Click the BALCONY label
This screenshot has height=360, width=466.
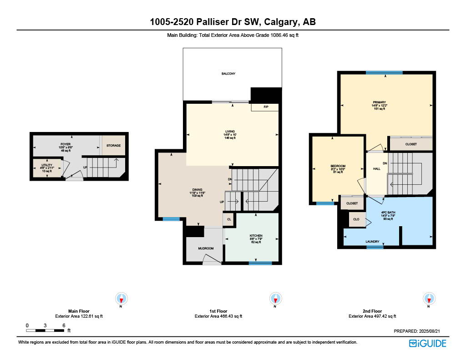point(228,74)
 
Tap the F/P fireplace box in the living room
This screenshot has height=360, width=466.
point(266,107)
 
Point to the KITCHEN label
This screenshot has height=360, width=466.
point(256,236)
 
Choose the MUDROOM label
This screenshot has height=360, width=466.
point(205,249)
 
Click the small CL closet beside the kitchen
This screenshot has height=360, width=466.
point(229,219)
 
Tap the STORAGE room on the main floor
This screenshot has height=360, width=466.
point(114,146)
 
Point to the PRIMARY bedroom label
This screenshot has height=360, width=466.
point(379,102)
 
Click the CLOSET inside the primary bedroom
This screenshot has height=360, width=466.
point(411,144)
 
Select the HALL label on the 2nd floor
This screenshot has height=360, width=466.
point(377,169)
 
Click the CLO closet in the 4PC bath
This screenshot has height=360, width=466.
point(357,219)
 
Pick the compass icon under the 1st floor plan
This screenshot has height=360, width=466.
point(275,298)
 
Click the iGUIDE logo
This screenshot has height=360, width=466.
point(427,344)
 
